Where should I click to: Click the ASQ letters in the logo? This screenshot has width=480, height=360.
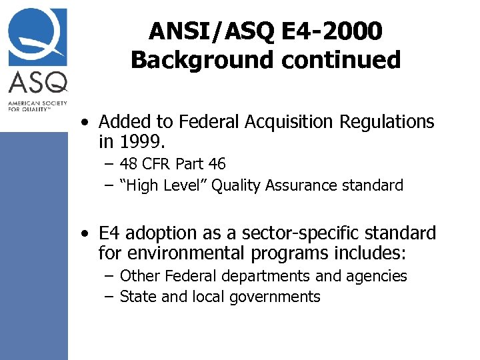[37, 83]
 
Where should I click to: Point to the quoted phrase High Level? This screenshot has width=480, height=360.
[165, 185]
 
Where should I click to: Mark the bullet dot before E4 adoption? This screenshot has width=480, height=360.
[83, 234]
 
